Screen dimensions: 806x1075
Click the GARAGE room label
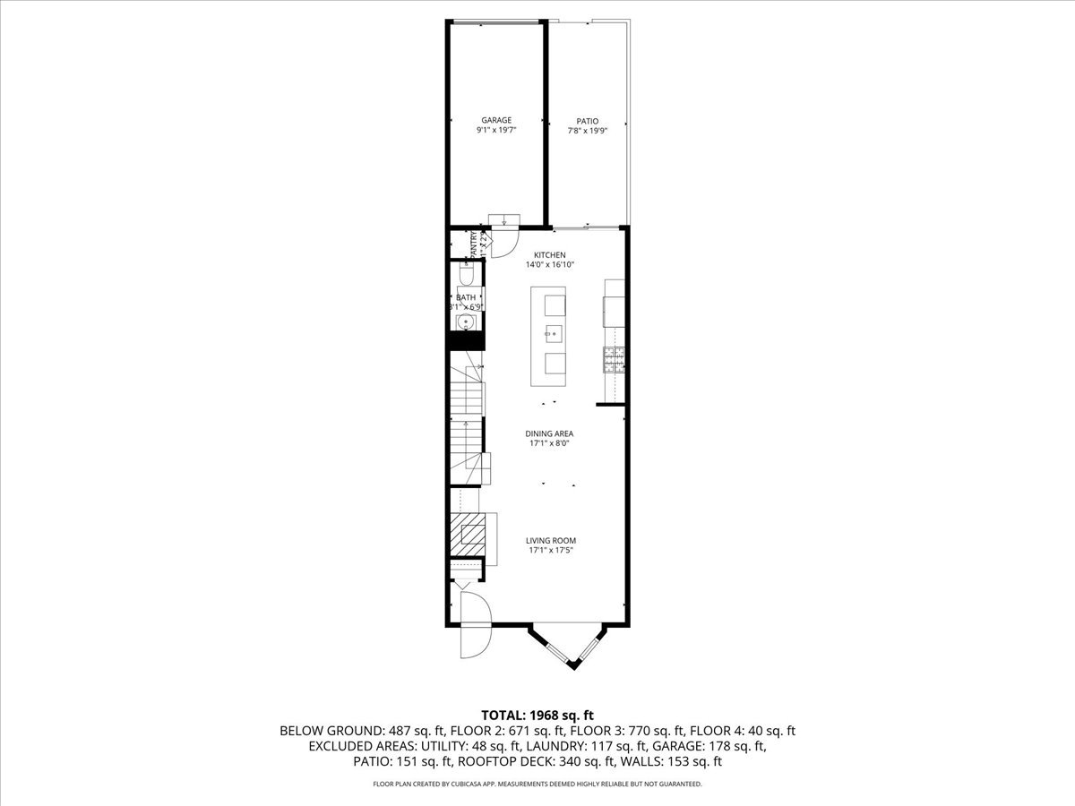point(496,120)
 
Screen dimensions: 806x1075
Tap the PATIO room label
point(588,121)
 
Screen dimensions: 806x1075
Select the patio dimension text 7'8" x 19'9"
point(588,131)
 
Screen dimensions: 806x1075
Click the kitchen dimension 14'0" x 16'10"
point(549,265)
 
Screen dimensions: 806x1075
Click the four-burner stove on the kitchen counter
point(614,359)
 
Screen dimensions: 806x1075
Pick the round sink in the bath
point(466,322)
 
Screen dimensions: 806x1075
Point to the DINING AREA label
point(549,433)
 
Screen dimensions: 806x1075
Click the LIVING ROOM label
point(550,541)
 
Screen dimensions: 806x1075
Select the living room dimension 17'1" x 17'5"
point(550,551)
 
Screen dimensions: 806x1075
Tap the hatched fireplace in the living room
point(467,534)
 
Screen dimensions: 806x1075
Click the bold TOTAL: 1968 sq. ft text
point(537,715)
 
